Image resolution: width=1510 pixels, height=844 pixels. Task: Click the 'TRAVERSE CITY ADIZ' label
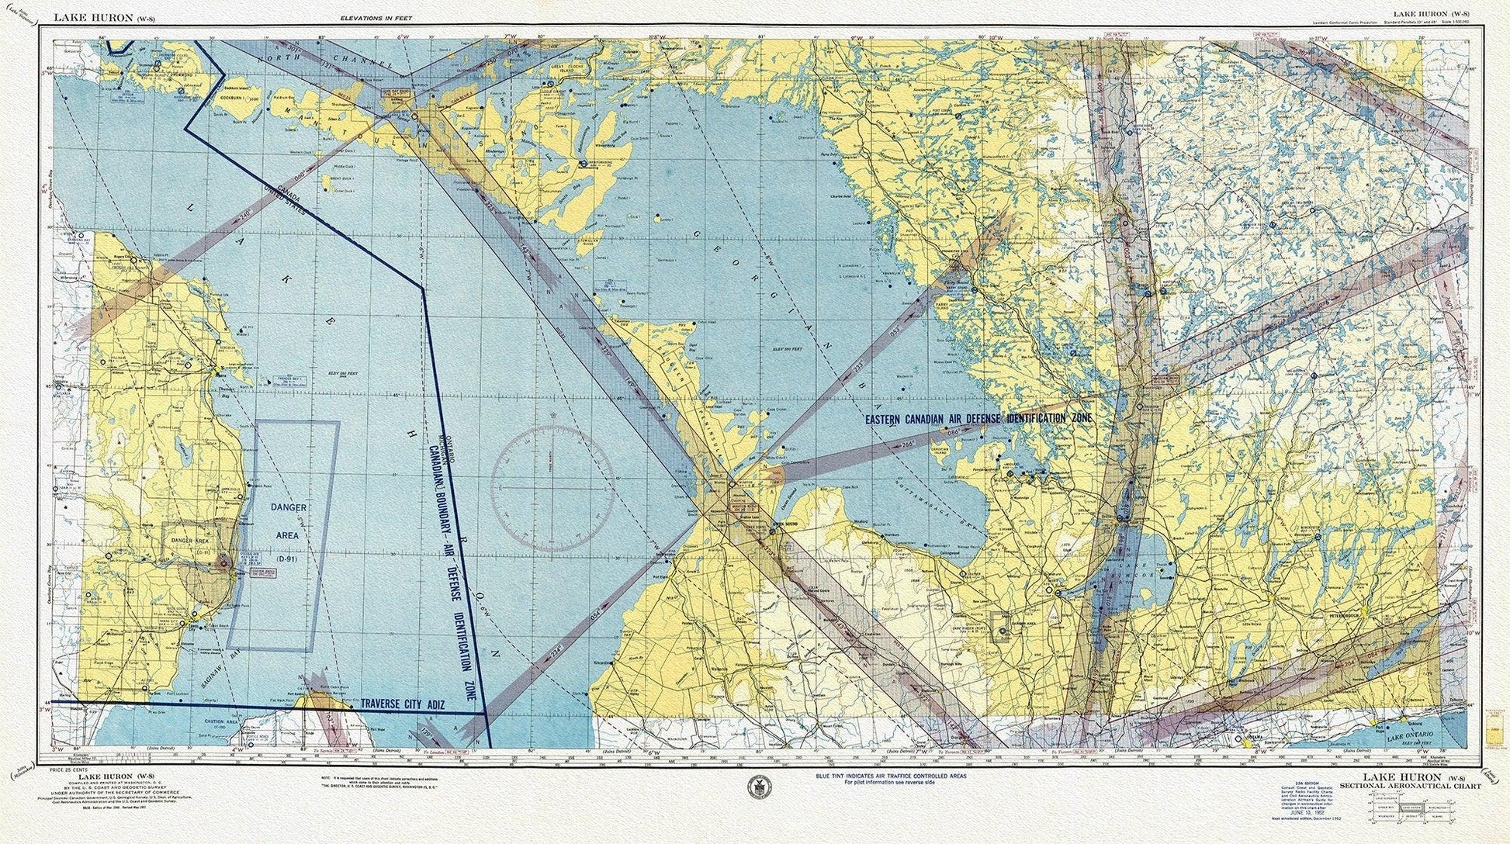401,704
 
